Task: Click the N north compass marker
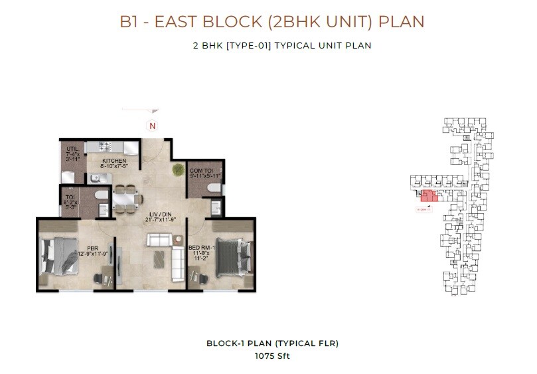[x=152, y=126]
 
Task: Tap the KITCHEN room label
[x=114, y=160]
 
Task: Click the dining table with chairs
[x=123, y=198]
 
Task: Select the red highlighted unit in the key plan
[x=429, y=196]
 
